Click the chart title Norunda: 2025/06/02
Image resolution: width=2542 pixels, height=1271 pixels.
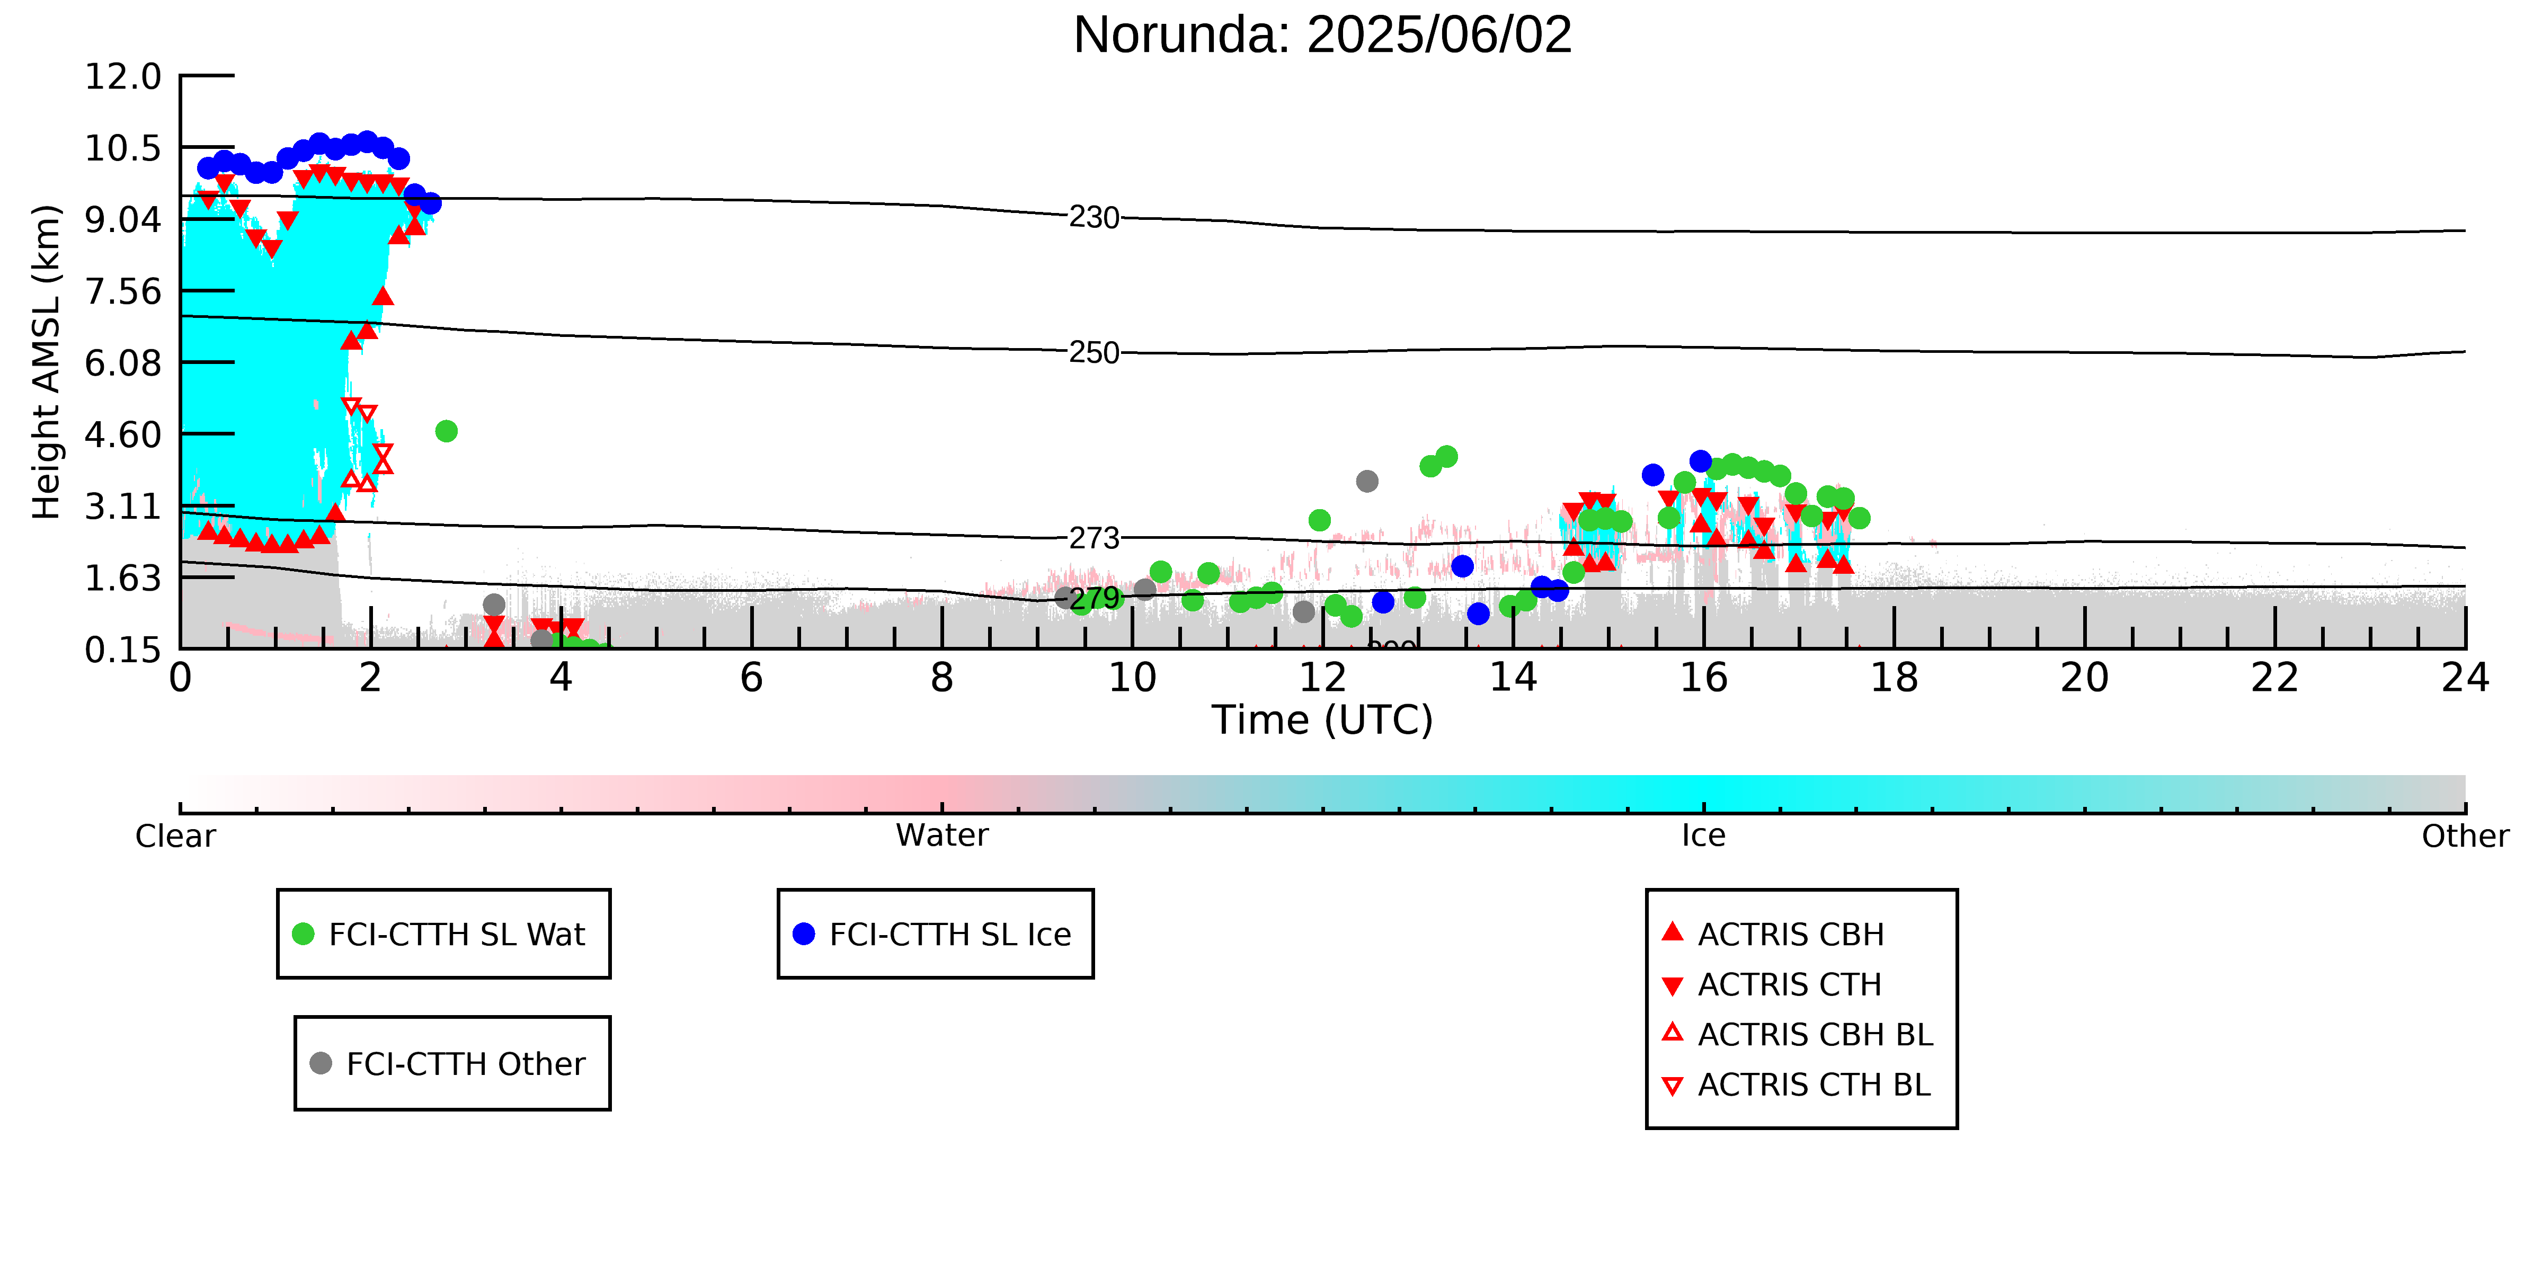1322,35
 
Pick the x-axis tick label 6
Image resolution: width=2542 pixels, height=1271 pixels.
752,678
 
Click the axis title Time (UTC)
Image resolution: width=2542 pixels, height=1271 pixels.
1322,721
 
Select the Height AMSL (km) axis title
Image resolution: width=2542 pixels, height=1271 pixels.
47,362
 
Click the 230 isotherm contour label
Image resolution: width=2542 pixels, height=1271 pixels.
1095,217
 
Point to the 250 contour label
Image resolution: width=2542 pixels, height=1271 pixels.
1095,352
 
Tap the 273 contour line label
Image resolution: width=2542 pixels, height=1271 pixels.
1095,538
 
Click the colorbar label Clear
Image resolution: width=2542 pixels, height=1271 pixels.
176,836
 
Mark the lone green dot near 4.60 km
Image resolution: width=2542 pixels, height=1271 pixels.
446,431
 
